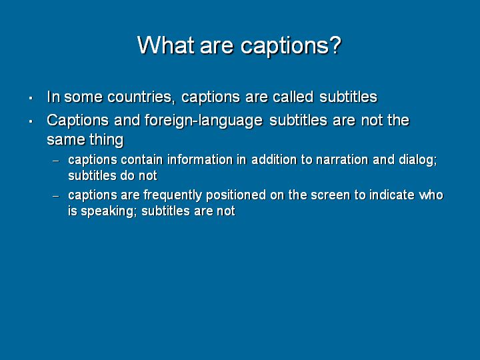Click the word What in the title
click(165, 45)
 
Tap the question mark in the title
click(335, 45)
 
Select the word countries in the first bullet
click(141, 97)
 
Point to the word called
click(293, 97)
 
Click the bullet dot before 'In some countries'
click(31, 98)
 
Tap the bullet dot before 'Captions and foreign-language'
click(31, 121)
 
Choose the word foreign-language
click(203, 121)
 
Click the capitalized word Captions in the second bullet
click(78, 121)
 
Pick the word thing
click(107, 140)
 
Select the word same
click(66, 140)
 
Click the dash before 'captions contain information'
click(56, 161)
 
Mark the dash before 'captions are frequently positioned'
click(56, 196)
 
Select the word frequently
click(173, 195)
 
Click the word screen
click(330, 195)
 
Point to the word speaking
click(107, 211)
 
